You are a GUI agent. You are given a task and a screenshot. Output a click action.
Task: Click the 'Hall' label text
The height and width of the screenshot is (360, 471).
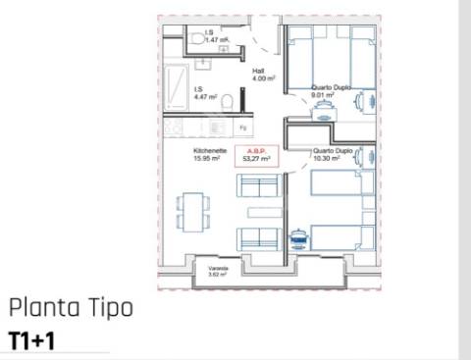[259, 71]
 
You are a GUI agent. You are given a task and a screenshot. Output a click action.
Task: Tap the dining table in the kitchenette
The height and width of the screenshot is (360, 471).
[192, 210]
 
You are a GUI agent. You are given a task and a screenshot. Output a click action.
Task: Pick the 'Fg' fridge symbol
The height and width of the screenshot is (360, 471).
[242, 128]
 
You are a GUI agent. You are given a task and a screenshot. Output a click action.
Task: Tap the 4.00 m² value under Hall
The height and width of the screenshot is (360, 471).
[261, 77]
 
